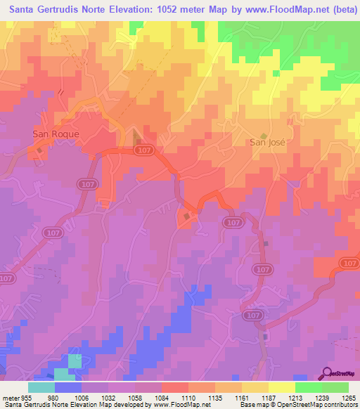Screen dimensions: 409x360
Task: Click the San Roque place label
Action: pos(56,133)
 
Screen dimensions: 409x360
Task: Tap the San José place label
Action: pos(268,142)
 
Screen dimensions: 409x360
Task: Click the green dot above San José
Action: pos(264,136)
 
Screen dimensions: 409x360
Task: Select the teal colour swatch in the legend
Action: pos(41,387)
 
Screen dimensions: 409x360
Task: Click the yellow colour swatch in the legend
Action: pos(281,387)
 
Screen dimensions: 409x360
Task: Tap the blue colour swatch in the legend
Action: pos(68,387)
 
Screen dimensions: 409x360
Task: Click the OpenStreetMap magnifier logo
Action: pos(327,372)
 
